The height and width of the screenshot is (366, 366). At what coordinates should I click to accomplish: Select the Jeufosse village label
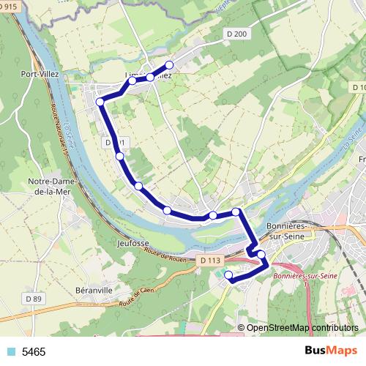(132, 241)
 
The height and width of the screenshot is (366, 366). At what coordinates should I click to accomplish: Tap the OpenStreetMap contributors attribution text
(302, 329)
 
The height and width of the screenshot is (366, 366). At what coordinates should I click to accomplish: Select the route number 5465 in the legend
(34, 352)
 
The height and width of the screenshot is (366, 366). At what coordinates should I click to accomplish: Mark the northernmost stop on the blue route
(170, 64)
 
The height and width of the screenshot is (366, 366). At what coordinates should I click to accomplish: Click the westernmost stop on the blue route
(100, 102)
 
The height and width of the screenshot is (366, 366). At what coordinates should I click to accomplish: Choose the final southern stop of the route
(228, 275)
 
